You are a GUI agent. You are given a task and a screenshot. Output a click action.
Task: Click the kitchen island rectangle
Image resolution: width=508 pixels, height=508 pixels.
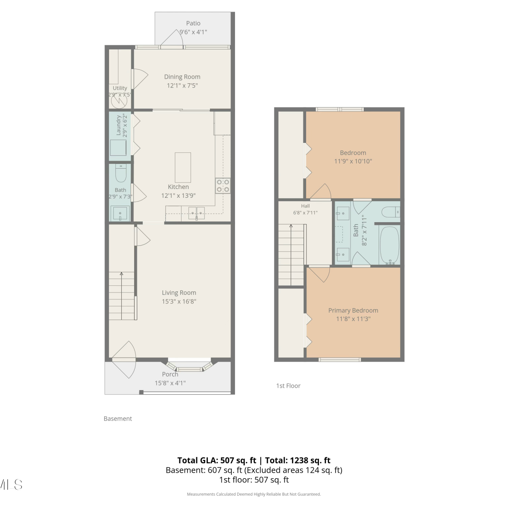183,168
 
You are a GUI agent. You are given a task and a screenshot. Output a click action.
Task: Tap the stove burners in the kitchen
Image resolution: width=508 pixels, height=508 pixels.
223,186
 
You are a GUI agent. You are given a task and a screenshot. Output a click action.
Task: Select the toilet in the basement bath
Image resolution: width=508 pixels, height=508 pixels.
121,173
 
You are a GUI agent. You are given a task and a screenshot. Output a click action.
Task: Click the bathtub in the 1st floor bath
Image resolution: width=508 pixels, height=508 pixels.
389,245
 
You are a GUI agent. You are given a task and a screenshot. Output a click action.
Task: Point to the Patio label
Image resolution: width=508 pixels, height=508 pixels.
193,23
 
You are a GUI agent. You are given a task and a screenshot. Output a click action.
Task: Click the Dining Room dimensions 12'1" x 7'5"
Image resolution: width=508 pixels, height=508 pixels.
182,86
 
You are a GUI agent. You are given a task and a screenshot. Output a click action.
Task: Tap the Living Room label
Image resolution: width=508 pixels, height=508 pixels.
179,293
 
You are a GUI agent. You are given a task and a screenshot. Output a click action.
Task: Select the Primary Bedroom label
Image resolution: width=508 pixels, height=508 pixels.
353,310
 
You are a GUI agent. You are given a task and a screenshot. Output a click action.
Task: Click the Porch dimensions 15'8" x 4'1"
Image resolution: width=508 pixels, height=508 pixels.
170,383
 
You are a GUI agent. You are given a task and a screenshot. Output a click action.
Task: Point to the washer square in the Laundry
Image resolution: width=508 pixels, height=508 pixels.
118,148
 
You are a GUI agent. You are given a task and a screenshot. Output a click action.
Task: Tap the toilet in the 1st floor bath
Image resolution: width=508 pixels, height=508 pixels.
391,212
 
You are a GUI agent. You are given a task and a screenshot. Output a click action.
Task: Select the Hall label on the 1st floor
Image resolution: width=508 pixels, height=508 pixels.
305,206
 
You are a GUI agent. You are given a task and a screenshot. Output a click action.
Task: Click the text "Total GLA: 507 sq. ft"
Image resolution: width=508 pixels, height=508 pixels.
217,460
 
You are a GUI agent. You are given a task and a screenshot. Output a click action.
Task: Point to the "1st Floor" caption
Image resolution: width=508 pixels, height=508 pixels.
288,386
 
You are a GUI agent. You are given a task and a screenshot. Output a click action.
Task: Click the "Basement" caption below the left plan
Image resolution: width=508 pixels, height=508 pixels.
118,419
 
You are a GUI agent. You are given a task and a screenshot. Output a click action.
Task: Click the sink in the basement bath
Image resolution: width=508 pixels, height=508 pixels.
120,213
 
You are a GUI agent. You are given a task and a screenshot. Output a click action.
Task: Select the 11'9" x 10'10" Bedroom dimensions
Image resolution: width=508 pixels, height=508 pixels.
353,162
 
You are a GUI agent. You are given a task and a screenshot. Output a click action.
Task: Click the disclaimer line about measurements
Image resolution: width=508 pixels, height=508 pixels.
254,494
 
